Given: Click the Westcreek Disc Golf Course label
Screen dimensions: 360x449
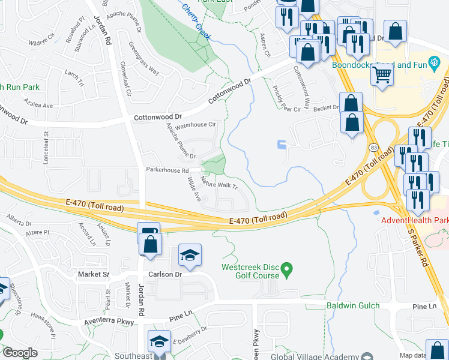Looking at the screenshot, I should [x=250, y=271].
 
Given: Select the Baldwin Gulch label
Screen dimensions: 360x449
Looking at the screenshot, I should [x=353, y=306].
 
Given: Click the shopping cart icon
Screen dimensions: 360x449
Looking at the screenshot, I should [x=382, y=76].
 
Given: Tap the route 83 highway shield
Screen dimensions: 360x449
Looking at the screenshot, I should [x=373, y=147].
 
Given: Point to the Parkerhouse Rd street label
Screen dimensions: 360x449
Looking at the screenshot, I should [x=167, y=170].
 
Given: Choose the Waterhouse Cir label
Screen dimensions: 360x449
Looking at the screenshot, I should [x=194, y=125].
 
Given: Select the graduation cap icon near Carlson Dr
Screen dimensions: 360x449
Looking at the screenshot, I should [x=190, y=256].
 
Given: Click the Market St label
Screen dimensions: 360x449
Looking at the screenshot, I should [x=94, y=274].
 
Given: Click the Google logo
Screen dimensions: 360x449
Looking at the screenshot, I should [x=20, y=353].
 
